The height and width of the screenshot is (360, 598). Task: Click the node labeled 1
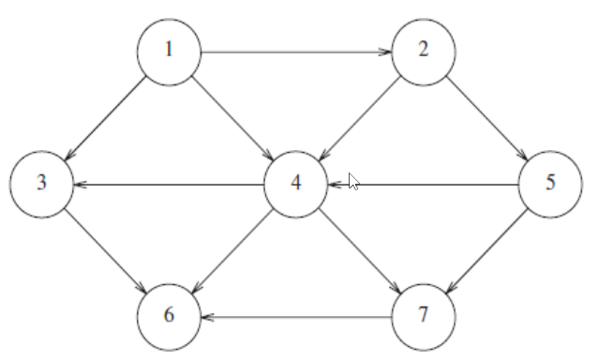(x=169, y=50)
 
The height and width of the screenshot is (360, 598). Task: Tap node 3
(x=42, y=183)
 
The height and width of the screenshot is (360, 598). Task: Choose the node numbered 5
(x=550, y=183)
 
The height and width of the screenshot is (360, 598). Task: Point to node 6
(x=169, y=315)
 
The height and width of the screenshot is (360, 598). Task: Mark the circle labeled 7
(x=424, y=315)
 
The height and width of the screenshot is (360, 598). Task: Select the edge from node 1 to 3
(x=106, y=116)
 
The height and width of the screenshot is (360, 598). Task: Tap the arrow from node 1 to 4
(x=232, y=116)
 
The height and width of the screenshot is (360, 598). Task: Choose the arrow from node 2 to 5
(x=487, y=116)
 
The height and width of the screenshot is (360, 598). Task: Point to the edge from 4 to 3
(x=169, y=184)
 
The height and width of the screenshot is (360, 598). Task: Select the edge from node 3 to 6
(x=106, y=249)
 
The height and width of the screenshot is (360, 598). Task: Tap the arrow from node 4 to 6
(x=232, y=249)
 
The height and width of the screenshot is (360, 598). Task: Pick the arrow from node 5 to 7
(x=487, y=249)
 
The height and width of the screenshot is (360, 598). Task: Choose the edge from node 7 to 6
(x=296, y=317)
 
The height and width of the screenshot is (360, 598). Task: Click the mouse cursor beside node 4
(x=353, y=181)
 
